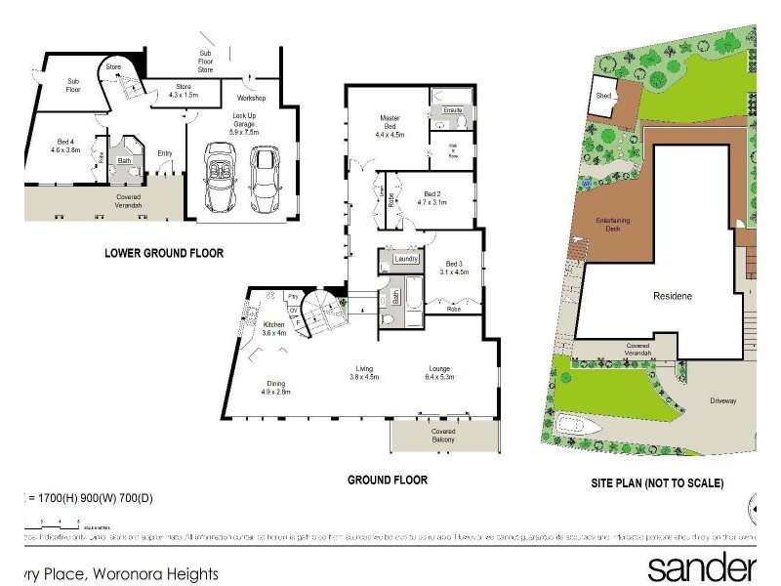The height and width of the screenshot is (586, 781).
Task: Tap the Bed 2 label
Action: [x=435, y=197]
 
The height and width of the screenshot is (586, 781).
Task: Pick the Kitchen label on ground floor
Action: [x=273, y=329]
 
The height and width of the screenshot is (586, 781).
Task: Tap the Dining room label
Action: [x=276, y=387]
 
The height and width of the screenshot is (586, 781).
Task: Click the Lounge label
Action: [x=439, y=373]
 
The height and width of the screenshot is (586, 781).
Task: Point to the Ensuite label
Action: [x=452, y=110]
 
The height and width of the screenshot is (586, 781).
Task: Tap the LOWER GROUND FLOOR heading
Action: [x=164, y=253]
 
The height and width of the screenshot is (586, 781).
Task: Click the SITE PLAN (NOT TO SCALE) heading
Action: [x=657, y=482]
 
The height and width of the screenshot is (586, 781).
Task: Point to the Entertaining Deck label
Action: [x=614, y=224]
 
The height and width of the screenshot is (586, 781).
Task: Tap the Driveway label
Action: [x=722, y=400]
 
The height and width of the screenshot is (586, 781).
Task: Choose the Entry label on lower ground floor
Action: [x=164, y=152]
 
